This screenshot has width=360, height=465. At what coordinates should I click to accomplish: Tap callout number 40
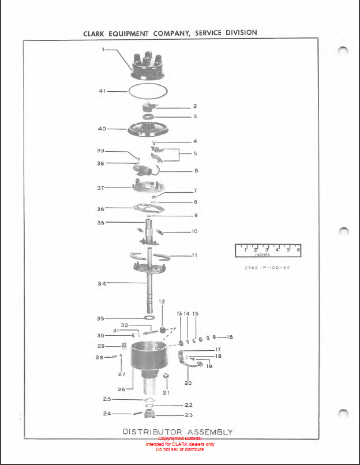tap(102, 129)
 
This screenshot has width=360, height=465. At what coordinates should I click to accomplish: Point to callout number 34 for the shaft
tap(102, 283)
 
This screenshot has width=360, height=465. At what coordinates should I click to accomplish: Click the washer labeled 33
tap(148, 318)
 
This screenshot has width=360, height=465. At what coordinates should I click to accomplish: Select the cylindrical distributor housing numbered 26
tap(148, 361)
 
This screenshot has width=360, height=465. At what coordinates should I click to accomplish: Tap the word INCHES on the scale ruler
tap(262, 254)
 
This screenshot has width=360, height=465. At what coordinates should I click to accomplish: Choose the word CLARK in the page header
tap(95, 33)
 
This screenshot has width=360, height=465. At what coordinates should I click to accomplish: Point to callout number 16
tap(230, 337)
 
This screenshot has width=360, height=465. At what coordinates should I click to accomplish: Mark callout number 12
tap(162, 302)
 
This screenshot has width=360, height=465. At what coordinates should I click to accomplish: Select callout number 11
tap(194, 254)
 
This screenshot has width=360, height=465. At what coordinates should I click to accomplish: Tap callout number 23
tap(189, 415)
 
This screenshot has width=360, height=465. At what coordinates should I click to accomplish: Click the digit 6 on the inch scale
tap(298, 250)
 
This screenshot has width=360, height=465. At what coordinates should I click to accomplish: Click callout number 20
tap(188, 382)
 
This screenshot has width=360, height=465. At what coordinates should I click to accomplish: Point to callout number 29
tap(100, 346)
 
